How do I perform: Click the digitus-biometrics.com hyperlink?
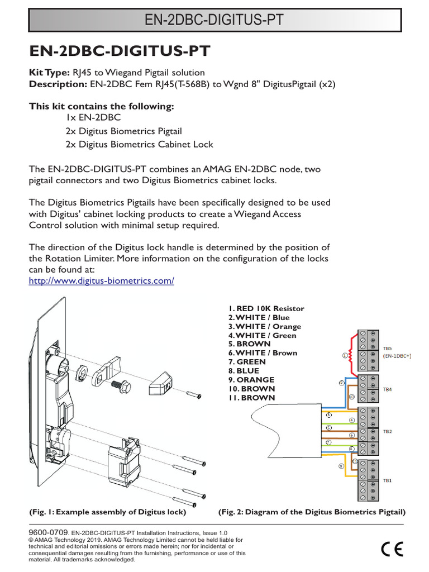(x=101, y=281)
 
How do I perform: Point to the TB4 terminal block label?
(x=387, y=389)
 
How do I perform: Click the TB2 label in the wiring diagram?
(x=387, y=432)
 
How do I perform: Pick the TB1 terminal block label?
(x=387, y=480)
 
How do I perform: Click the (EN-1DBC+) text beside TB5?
(x=397, y=356)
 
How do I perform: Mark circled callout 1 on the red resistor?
(x=345, y=355)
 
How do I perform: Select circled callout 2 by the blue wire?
(x=341, y=383)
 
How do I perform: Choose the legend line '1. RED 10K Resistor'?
(x=265, y=309)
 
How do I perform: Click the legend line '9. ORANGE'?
(x=251, y=380)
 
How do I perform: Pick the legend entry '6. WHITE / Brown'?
(x=262, y=353)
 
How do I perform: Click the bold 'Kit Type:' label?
(x=49, y=73)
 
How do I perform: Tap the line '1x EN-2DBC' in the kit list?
(x=93, y=118)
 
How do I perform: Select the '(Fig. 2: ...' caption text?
(x=311, y=512)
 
